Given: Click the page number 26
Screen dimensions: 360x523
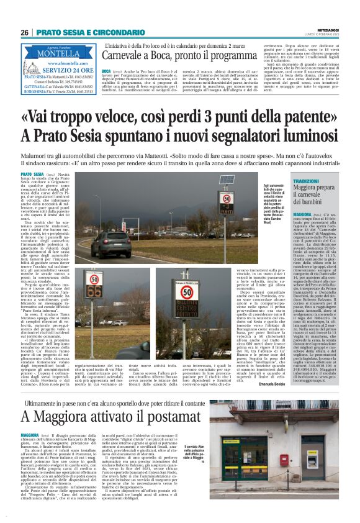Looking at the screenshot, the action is coord(25,32).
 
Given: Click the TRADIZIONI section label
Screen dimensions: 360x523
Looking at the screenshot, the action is coord(307,181).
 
